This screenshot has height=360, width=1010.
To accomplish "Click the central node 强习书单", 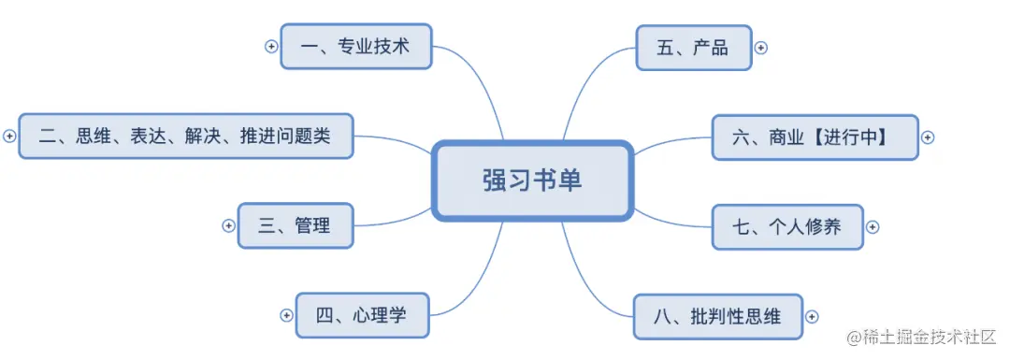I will [x=532, y=180].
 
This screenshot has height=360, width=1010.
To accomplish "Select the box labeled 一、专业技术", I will [x=356, y=46].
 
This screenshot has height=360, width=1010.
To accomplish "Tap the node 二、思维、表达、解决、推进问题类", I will [x=186, y=137].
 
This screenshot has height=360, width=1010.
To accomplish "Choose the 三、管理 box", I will [x=296, y=225].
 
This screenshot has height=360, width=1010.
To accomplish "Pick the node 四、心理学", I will [x=363, y=315].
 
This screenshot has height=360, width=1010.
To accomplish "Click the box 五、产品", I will [x=693, y=47].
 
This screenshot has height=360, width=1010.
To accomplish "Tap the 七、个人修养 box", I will [x=787, y=226].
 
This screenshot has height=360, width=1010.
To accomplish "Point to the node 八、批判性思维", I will [x=719, y=316].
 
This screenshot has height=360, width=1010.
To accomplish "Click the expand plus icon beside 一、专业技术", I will [x=271, y=46].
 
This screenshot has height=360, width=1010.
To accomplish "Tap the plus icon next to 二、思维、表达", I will [x=9, y=137].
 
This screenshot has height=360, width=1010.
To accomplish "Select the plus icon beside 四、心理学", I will [x=286, y=315].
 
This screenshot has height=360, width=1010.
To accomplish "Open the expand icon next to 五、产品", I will [x=760, y=47].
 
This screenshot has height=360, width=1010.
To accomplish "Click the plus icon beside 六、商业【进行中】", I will [x=928, y=137].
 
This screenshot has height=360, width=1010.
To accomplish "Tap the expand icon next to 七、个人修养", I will [x=873, y=226].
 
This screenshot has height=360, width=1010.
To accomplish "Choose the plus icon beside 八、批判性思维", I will [x=812, y=316].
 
